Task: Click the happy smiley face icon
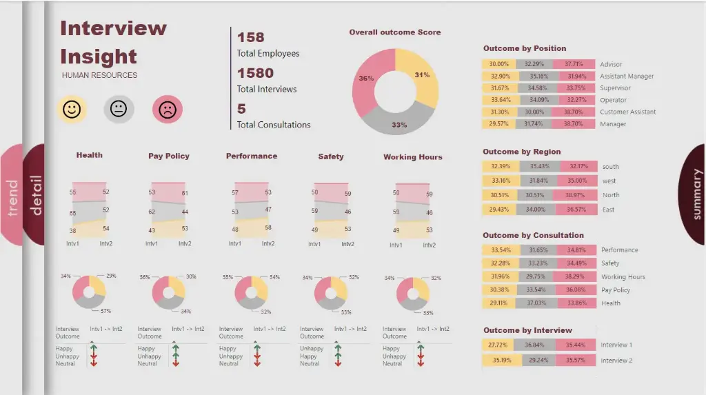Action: pyautogui.click(x=72, y=109)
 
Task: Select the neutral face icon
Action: pyautogui.click(x=119, y=109)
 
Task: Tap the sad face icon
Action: pyautogui.click(x=167, y=109)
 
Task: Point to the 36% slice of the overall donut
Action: pyautogui.click(x=366, y=79)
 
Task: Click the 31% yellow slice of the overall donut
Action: pyautogui.click(x=422, y=76)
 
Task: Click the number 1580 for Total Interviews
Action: pyautogui.click(x=255, y=73)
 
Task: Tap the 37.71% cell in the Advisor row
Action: pyautogui.click(x=574, y=64)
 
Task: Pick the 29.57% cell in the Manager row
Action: pyautogui.click(x=499, y=124)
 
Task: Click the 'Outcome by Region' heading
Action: pyautogui.click(x=521, y=152)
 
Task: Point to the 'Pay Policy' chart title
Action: pyautogui.click(x=168, y=156)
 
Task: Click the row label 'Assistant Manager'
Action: pyautogui.click(x=627, y=77)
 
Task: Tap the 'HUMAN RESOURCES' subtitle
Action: pyautogui.click(x=99, y=75)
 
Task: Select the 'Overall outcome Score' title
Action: pyautogui.click(x=394, y=32)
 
